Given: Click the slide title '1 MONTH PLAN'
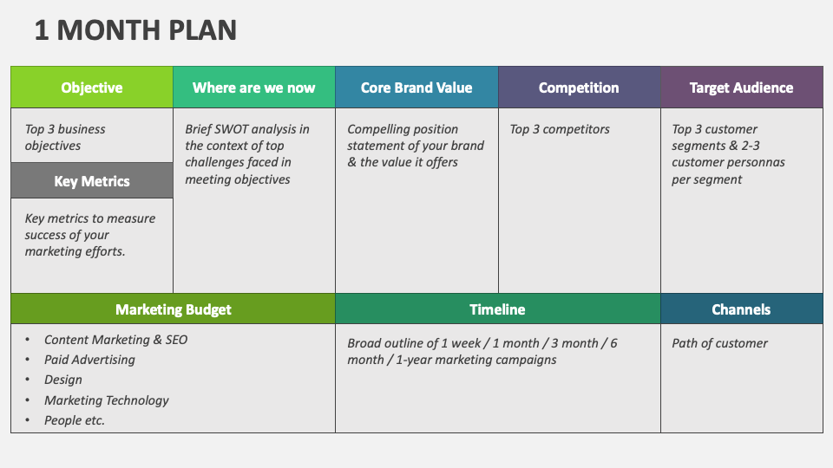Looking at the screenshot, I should coord(135,30).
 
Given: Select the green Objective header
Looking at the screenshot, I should coord(92,88).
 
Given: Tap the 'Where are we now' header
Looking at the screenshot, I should coord(253,88).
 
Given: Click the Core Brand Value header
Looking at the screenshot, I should coord(416,88).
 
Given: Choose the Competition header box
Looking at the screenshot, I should coord(579,88).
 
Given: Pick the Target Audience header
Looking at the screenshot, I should coord(741,88).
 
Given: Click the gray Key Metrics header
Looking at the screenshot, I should coord(92,181).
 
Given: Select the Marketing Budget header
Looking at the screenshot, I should coord(174,309).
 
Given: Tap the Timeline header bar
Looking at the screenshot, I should coord(497,309).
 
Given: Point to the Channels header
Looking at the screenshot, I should coord(741,309).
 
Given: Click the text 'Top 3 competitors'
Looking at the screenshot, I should coord(560,129).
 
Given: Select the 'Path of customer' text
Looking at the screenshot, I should coord(719,343).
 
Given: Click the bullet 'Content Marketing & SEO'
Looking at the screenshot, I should coord(115,340).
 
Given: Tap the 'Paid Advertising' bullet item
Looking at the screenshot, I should coord(89,360).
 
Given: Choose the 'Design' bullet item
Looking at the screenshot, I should coord(63,380).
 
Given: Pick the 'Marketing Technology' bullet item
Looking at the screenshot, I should coord(107,400).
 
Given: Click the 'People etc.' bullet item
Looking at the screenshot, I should coord(75,420).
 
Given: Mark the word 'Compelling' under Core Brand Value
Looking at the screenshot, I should coord(378,129).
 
